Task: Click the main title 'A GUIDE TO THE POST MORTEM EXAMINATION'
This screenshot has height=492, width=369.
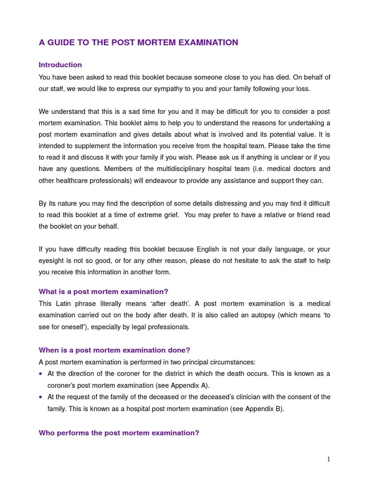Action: click(138, 43)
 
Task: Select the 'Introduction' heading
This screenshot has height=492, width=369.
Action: click(60, 65)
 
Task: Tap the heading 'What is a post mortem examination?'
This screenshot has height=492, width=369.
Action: click(103, 292)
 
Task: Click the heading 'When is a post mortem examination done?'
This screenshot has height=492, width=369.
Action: click(114, 350)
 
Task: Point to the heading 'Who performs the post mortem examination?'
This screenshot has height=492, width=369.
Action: click(119, 433)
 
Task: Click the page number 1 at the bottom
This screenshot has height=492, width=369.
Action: click(329, 459)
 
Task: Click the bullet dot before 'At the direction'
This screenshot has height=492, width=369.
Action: click(41, 374)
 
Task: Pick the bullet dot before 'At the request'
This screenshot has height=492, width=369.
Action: click(41, 397)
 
